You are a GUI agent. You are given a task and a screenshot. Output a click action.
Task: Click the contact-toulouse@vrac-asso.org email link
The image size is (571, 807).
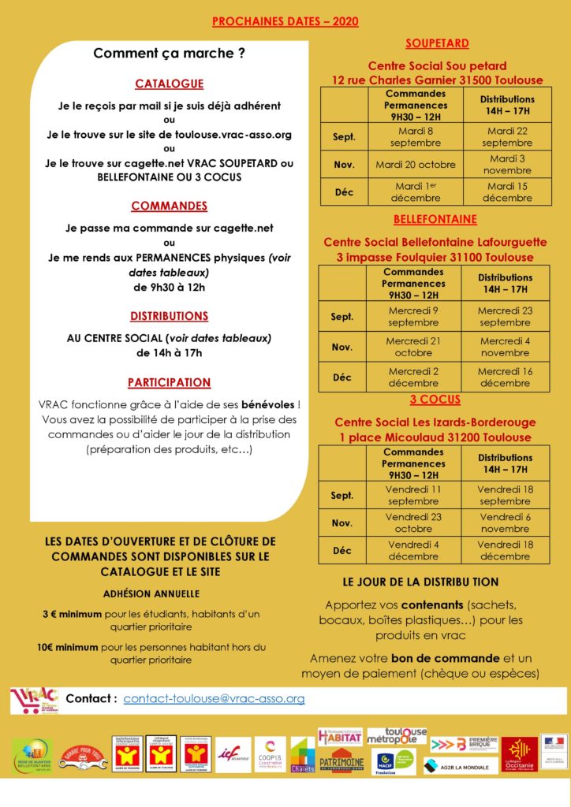pyautogui.click(x=214, y=699)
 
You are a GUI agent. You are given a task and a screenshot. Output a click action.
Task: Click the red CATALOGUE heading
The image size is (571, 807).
pyautogui.click(x=169, y=84)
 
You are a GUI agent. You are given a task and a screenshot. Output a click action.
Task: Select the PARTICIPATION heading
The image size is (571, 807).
pyautogui.click(x=169, y=383)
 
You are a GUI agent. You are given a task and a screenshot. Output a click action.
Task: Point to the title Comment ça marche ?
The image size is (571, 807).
pyautogui.click(x=169, y=54)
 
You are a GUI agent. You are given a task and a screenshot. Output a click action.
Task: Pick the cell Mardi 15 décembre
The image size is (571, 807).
pyautogui.click(x=507, y=192)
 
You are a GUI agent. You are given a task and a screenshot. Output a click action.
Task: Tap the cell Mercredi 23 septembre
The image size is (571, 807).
pyautogui.click(x=506, y=316)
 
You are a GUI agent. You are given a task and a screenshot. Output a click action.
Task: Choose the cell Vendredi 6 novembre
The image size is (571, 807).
pyautogui.click(x=506, y=523)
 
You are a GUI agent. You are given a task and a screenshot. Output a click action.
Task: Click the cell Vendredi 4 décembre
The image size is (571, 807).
pyautogui.click(x=413, y=550)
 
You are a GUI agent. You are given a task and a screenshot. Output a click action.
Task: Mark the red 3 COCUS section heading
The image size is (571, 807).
pyautogui.click(x=436, y=400)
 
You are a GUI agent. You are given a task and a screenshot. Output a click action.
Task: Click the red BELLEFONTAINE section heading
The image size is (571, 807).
pyautogui.click(x=436, y=219)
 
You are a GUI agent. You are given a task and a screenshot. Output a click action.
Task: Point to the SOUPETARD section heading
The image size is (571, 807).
pyautogui.click(x=437, y=43)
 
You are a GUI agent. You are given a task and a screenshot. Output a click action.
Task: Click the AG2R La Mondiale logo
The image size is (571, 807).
pyautogui.click(x=461, y=765)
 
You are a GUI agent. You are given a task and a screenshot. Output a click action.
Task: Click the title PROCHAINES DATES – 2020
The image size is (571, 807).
pyautogui.click(x=285, y=21)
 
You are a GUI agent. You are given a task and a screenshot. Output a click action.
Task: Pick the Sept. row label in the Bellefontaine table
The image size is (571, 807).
pyautogui.click(x=342, y=317)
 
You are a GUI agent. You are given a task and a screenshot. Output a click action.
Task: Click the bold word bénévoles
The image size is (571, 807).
pyautogui.click(x=267, y=404)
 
